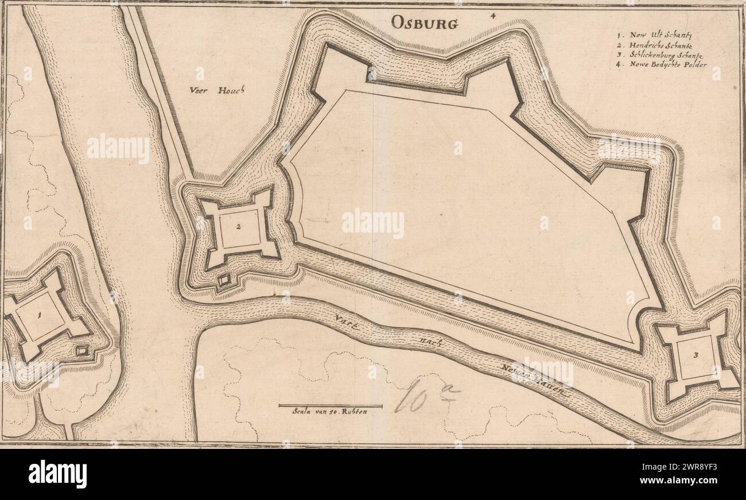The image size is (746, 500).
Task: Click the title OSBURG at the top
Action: tap(425, 22)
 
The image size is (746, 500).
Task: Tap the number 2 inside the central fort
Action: tap(238, 226)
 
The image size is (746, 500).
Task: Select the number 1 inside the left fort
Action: tap(40, 315)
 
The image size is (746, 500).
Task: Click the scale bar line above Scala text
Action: tap(330, 405)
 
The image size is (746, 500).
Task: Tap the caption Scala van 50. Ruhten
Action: tap(329, 412)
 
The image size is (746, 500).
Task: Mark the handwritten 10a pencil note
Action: tap(422, 396)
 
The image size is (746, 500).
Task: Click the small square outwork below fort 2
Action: tap(224, 280)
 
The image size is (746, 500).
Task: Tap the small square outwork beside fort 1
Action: tap(83, 350)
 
